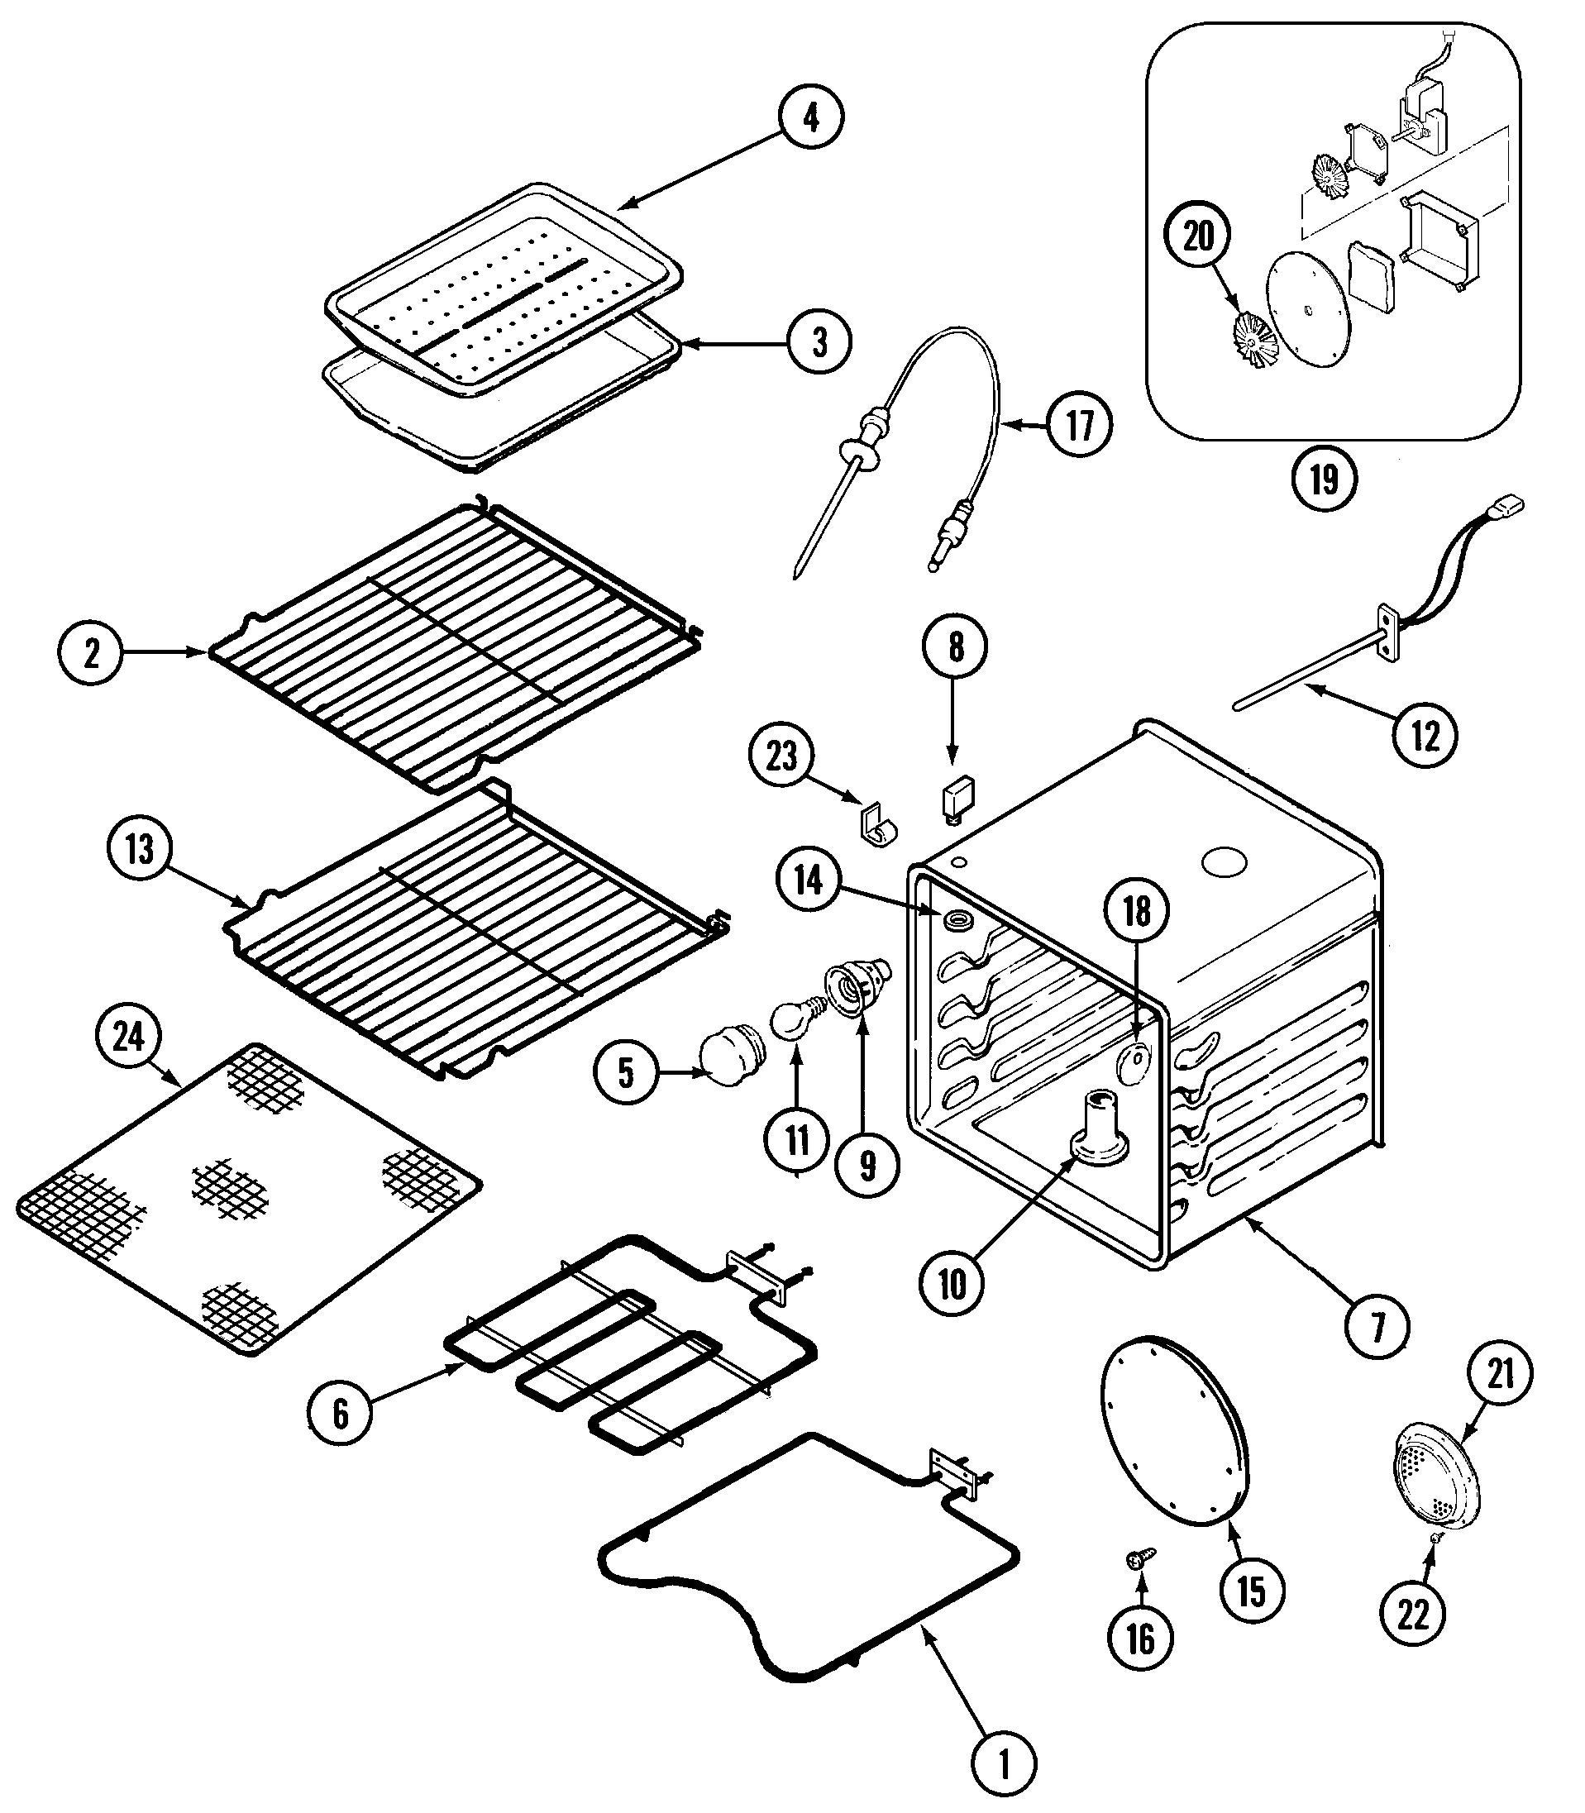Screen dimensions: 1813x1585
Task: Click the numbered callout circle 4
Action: pyautogui.click(x=811, y=117)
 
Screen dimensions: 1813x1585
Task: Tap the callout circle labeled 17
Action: pyautogui.click(x=1080, y=426)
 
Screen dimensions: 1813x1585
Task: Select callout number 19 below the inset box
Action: pyautogui.click(x=1323, y=479)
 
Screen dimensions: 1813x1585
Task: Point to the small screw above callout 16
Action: pyautogui.click(x=1139, y=1559)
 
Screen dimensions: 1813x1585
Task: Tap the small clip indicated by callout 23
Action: pyautogui.click(x=878, y=824)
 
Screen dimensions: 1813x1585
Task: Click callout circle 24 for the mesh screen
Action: pyautogui.click(x=129, y=1036)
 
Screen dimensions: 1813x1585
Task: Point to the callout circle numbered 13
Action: pyautogui.click(x=140, y=850)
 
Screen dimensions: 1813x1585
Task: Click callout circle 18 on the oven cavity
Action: pyautogui.click(x=1137, y=911)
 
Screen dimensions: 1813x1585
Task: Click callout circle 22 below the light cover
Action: pyautogui.click(x=1412, y=1614)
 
